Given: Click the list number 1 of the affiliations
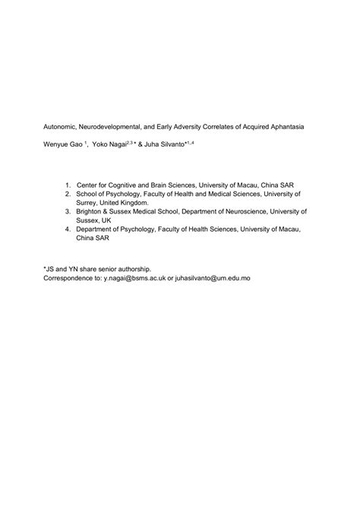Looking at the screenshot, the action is click(68, 184).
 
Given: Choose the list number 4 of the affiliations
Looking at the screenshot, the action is click(68, 229).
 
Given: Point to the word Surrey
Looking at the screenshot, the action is click(88, 203).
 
